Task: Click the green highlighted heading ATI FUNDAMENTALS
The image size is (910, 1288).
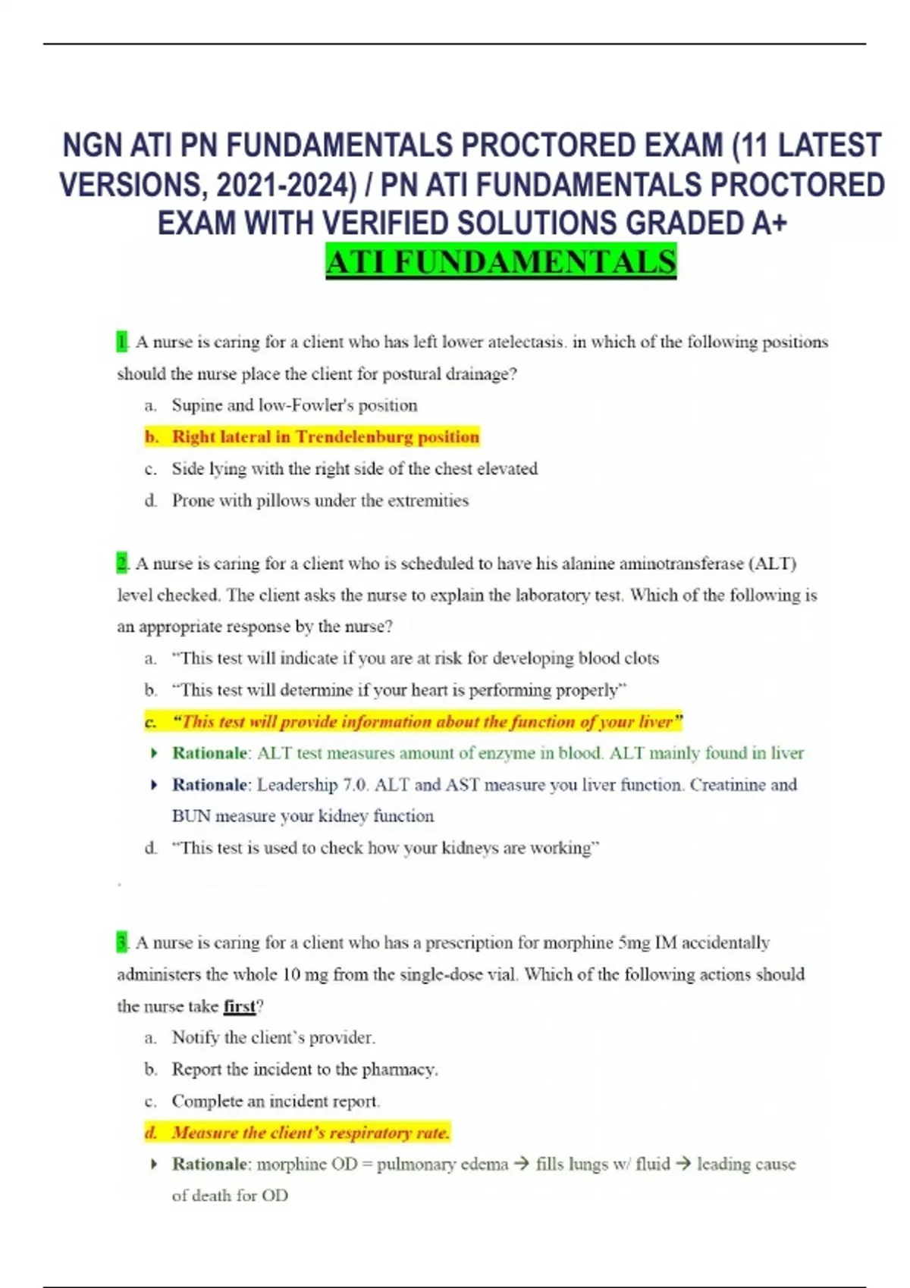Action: point(500,261)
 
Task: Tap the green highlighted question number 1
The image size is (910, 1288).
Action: point(122,342)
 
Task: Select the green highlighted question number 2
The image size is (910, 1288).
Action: point(122,564)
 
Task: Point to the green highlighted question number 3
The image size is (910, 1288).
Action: point(122,943)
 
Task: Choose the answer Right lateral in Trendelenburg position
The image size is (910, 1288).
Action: point(325,436)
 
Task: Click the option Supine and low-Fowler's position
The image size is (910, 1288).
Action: point(294,405)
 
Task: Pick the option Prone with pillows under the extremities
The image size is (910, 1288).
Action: point(320,500)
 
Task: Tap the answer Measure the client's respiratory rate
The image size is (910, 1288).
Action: point(310,1133)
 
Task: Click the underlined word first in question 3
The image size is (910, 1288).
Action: point(240,1006)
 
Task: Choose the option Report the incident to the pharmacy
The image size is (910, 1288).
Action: point(305,1069)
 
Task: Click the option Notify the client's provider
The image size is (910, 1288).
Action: point(273,1037)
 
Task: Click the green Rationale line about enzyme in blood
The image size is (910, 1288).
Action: point(488,753)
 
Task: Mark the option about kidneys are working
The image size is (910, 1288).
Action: point(385,848)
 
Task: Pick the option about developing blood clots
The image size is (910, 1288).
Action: point(416,658)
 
